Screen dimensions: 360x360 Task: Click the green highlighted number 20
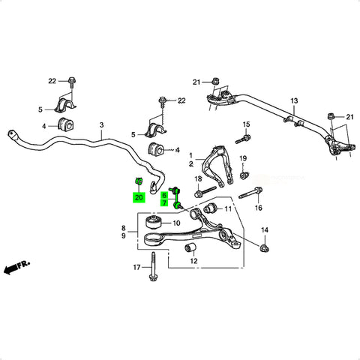pyautogui.click(x=139, y=197)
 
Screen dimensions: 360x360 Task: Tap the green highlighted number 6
pyautogui.click(x=164, y=195)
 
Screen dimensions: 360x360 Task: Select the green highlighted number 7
pyautogui.click(x=164, y=202)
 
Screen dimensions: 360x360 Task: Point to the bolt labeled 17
pyautogui.click(x=152, y=266)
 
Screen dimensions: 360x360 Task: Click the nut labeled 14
pyautogui.click(x=265, y=248)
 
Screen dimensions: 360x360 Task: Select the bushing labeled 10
pyautogui.click(x=152, y=220)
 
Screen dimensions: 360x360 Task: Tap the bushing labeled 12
pyautogui.click(x=190, y=247)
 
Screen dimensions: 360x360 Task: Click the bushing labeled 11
pyautogui.click(x=210, y=208)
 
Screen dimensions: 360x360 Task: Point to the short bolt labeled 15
pyautogui.click(x=243, y=139)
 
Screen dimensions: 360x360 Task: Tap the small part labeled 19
pyautogui.click(x=244, y=175)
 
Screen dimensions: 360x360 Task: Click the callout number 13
pyautogui.click(x=294, y=101)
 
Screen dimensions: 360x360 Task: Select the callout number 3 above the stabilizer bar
pyautogui.click(x=101, y=124)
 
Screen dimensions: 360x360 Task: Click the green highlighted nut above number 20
pyautogui.click(x=139, y=181)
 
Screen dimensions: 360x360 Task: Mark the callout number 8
pyautogui.click(x=124, y=228)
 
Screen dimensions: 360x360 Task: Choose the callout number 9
pyautogui.click(x=124, y=235)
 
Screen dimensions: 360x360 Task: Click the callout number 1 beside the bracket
pyautogui.click(x=191, y=156)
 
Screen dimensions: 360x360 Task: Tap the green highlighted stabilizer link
pyautogui.click(x=177, y=197)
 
